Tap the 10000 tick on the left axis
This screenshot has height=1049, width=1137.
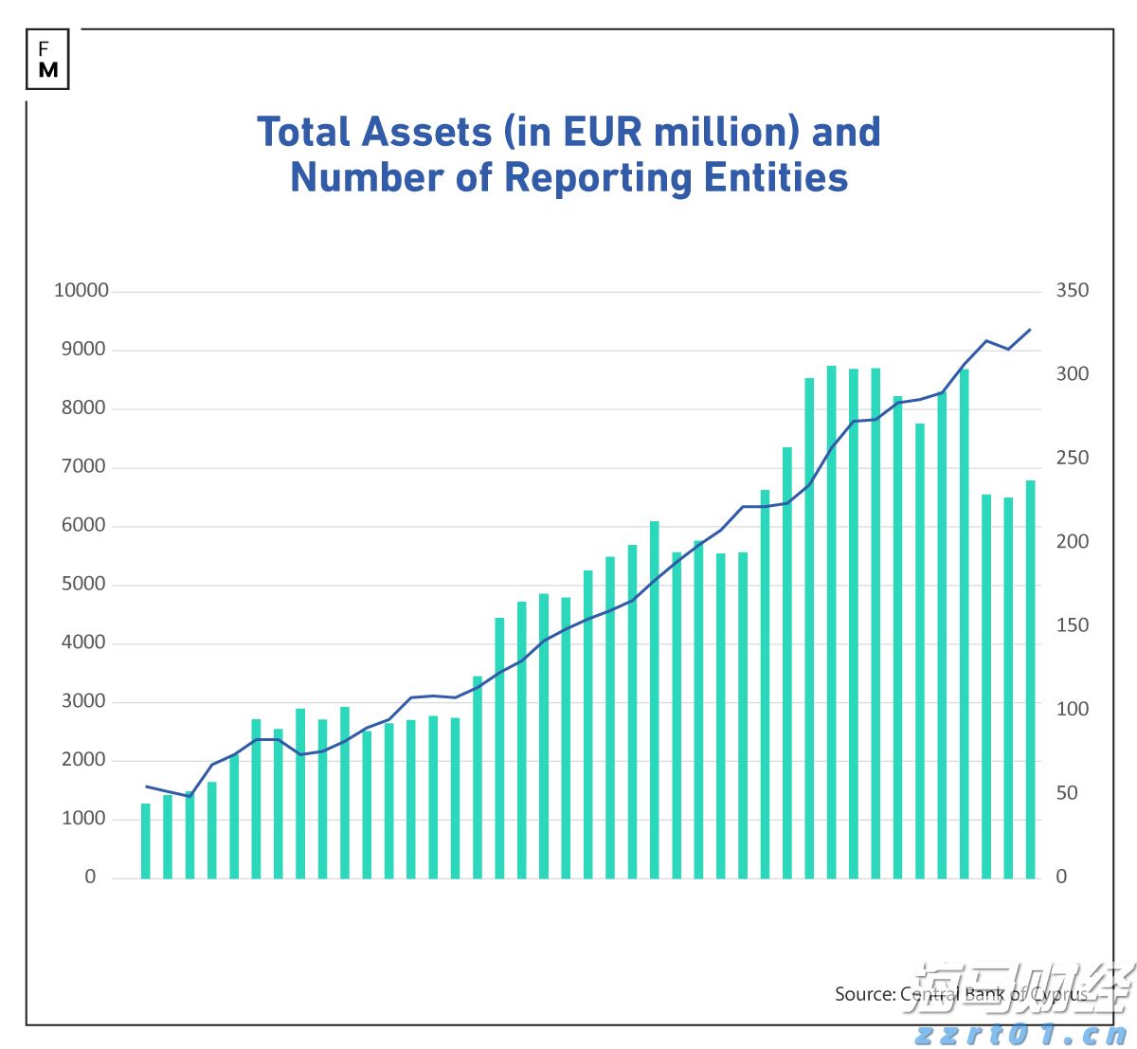81,291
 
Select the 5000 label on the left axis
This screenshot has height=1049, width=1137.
85,585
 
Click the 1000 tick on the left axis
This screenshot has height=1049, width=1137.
85,819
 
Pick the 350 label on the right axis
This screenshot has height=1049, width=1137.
1073,291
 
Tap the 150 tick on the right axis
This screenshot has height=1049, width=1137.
1073,625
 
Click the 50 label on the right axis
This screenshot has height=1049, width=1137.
1068,793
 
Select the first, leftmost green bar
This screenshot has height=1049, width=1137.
146,841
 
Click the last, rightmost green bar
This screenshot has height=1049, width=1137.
1031,678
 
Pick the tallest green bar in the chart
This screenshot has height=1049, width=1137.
832,622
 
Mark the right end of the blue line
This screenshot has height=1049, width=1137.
1030,330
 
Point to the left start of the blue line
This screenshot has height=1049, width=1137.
146,786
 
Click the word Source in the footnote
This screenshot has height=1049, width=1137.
863,994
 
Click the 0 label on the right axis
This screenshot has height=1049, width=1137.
1061,877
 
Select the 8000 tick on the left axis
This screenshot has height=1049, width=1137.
85,408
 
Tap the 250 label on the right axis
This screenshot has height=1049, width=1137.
1073,458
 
